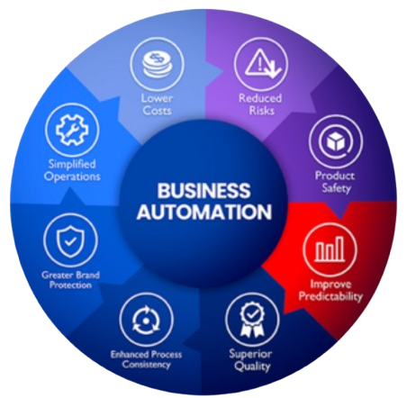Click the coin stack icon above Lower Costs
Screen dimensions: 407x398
[157, 65]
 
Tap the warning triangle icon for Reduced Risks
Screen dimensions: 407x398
[262, 64]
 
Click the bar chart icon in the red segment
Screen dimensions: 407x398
[330, 249]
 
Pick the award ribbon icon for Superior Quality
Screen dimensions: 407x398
[252, 319]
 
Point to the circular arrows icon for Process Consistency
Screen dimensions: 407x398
[146, 320]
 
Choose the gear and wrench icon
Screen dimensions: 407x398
[72, 131]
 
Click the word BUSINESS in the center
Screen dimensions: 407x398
[203, 191]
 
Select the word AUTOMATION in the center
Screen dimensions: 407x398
[204, 212]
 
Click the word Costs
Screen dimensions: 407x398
[157, 110]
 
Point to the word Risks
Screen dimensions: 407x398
[262, 110]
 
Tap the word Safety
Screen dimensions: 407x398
[336, 188]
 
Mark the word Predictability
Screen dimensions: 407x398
[330, 296]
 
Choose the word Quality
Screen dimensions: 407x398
[252, 366]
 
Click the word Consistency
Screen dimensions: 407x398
[146, 365]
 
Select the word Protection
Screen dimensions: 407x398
[70, 285]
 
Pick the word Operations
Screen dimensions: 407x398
[72, 176]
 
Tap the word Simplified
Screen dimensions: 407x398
[72, 164]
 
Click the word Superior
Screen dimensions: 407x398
[250, 354]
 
